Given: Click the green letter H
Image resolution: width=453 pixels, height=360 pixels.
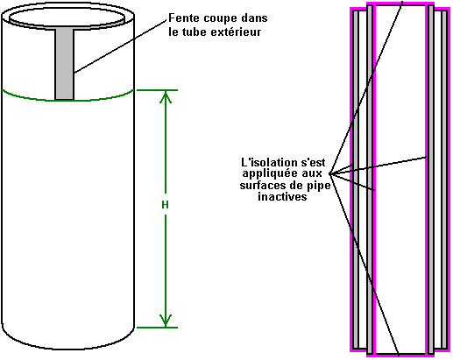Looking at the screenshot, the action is coord(165,205).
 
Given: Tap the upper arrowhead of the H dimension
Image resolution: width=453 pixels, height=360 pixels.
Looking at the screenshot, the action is coord(166,97).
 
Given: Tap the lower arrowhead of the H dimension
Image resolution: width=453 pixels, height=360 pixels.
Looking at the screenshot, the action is coord(166,321).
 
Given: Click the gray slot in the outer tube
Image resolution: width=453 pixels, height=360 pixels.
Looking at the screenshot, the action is coord(65,64).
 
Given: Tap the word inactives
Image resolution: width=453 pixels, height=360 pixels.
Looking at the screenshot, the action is coord(282,196).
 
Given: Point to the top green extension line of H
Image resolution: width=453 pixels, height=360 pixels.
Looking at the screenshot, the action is coord(157,90).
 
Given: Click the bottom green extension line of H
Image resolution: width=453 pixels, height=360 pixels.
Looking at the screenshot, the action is coord(157,328).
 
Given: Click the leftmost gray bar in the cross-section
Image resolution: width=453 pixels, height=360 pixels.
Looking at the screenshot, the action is coord(355,180).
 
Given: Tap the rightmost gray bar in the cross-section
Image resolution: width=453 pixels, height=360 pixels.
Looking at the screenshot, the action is coord(444,180).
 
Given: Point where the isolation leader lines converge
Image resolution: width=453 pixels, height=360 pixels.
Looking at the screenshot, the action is coord(330,173).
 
